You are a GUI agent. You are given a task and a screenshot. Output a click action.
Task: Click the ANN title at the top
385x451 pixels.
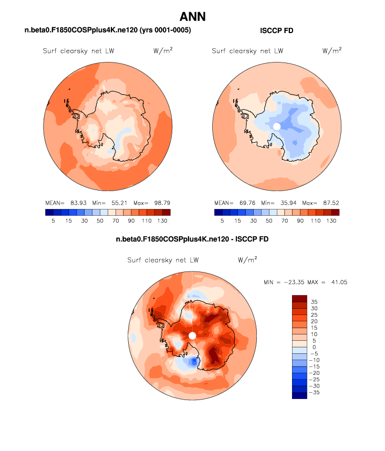pyautogui.click(x=192, y=17)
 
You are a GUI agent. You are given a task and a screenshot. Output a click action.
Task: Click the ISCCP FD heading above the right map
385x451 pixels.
pyautogui.click(x=277, y=31)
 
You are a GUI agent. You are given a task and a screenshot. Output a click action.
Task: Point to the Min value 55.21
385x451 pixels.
pyautogui.click(x=116, y=203)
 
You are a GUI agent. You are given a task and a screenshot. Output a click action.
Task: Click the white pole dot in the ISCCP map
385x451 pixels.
pyautogui.click(x=277, y=126)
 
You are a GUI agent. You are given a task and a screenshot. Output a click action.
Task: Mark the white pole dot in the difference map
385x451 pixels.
pyautogui.click(x=192, y=335)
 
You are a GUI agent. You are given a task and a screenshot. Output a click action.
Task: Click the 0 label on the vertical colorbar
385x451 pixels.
pyautogui.click(x=313, y=347)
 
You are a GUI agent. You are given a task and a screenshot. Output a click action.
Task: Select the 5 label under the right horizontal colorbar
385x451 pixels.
pyautogui.click(x=222, y=221)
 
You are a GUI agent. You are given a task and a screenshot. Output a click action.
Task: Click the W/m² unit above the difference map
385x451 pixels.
pyautogui.click(x=247, y=259)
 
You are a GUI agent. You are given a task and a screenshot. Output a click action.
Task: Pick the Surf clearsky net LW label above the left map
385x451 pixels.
pyautogui.click(x=79, y=51)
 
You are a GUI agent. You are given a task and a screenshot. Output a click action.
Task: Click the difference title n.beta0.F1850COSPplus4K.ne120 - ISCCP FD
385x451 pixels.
pyautogui.click(x=192, y=239)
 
